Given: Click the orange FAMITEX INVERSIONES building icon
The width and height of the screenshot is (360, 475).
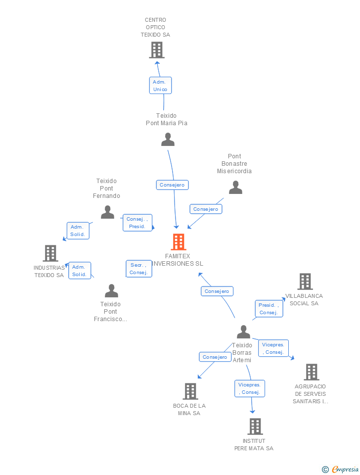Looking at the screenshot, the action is pyautogui.click(x=179, y=242).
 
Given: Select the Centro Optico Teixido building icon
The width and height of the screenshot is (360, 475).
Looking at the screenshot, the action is pyautogui.click(x=157, y=50).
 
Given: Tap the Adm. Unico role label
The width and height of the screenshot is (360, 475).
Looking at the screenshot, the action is pyautogui.click(x=160, y=86).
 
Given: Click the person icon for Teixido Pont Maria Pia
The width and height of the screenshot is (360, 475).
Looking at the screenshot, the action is pyautogui.click(x=168, y=140).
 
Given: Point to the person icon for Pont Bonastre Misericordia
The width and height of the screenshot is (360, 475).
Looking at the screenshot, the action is pyautogui.click(x=235, y=187).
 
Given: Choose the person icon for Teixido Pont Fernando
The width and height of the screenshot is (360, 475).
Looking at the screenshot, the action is pyautogui.click(x=107, y=212).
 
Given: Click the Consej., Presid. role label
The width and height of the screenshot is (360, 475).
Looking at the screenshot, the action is pyautogui.click(x=137, y=223).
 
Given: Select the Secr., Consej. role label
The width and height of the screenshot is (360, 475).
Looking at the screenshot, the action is pyautogui.click(x=139, y=269).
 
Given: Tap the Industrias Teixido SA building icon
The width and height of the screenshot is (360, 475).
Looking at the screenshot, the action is pyautogui.click(x=50, y=253).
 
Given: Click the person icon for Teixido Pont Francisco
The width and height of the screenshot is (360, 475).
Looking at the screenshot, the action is pyautogui.click(x=111, y=291).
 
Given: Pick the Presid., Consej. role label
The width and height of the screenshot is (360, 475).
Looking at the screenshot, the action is pyautogui.click(x=269, y=309).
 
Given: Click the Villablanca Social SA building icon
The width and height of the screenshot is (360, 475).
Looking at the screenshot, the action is pyautogui.click(x=305, y=282).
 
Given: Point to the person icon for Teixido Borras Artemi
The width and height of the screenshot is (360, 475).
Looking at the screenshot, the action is pyautogui.click(x=243, y=332).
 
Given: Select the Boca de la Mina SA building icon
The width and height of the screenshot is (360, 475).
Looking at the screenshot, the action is pyautogui.click(x=191, y=391).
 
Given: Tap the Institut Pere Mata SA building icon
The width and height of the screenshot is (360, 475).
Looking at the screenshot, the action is pyautogui.click(x=255, y=427).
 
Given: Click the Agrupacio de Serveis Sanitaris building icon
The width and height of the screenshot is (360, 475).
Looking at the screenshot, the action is pyautogui.click(x=312, y=372).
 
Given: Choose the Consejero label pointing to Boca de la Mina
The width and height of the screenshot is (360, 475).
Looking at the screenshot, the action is pyautogui.click(x=215, y=357).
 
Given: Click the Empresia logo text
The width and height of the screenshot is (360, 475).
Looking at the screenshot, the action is pyautogui.click(x=345, y=469).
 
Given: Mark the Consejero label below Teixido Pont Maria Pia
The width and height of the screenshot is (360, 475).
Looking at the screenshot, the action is pyautogui.click(x=172, y=185).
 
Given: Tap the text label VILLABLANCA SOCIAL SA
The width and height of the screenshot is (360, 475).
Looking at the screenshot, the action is pyautogui.click(x=304, y=300).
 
